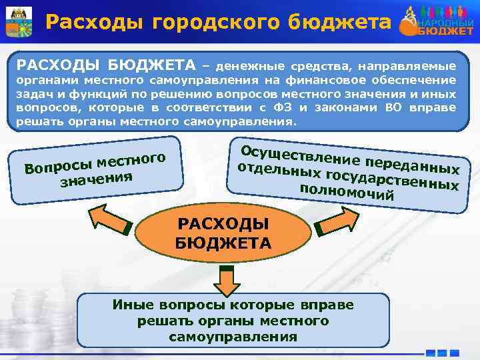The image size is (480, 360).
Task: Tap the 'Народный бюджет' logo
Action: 439,21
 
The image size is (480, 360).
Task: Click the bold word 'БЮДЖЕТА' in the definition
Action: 147,65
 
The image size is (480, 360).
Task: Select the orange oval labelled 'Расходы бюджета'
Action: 223,233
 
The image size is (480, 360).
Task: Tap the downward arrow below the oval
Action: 227,281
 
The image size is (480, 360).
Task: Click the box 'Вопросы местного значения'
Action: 97,169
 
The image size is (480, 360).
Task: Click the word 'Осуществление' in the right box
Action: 283,142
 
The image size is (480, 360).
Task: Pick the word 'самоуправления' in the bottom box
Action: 233,337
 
